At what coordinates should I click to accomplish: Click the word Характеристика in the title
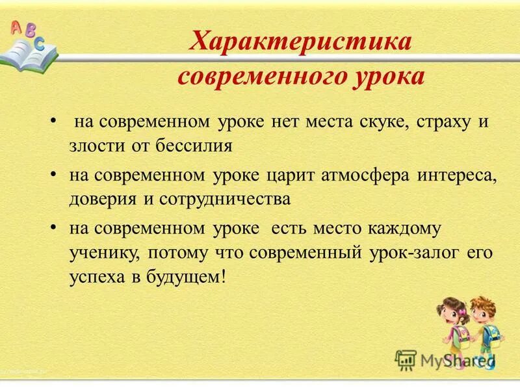(300, 44)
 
